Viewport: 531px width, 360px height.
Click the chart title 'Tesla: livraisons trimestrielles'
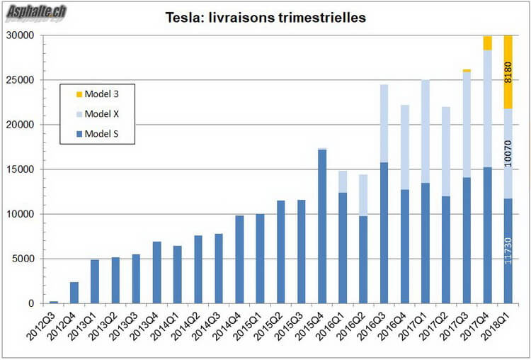(265, 18)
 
